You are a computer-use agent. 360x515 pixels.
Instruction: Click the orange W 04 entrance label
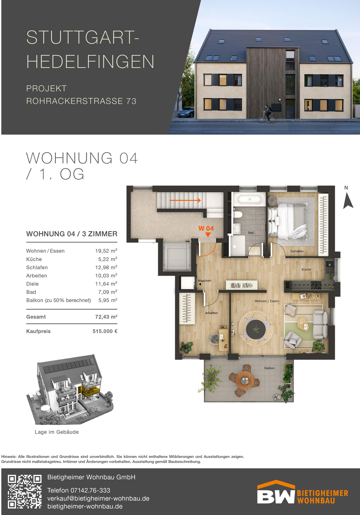point(206,228)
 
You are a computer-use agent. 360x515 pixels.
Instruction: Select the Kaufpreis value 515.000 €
point(105,331)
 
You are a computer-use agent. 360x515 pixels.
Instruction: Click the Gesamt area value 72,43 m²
point(106,317)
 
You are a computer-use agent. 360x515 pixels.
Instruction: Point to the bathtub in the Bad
point(250,199)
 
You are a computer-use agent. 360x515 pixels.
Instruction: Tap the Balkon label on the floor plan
point(269,368)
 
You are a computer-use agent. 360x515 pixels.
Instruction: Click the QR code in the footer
point(25,491)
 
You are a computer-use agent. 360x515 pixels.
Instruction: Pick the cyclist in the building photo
point(267,114)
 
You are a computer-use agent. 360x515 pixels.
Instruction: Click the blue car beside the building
point(186,112)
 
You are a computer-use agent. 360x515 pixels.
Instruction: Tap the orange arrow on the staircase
point(185,200)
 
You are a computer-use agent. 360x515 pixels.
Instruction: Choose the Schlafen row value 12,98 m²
point(106,267)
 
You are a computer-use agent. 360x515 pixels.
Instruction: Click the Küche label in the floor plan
point(306,270)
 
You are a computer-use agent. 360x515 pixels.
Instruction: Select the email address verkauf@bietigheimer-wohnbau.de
point(98,498)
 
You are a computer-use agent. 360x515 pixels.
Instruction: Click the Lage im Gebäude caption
point(57,432)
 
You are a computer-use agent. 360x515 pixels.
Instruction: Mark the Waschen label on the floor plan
point(205,281)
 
